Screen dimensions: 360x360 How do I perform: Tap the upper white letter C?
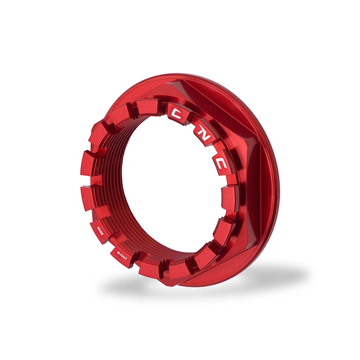(x=177, y=113)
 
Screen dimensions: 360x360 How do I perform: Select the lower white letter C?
(x=221, y=163)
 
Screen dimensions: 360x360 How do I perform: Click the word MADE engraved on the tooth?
(x=100, y=230)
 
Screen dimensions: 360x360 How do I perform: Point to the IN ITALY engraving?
(x=121, y=255)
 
